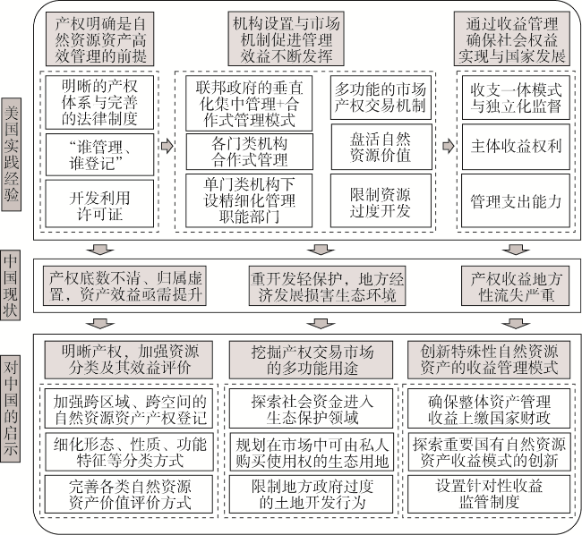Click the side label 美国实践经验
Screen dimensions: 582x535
coord(11,154)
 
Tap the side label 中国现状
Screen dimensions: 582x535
coord(11,284)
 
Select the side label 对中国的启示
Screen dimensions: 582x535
coord(11,409)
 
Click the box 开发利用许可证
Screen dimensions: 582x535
coord(99,204)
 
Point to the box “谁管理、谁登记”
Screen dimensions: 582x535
coord(99,154)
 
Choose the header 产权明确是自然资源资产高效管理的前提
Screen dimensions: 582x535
coord(99,39)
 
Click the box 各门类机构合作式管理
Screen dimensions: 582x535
coord(249,151)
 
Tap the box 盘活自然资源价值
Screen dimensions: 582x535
coord(381,147)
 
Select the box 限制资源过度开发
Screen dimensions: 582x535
coord(381,200)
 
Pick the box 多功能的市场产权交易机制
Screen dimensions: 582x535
coord(381,98)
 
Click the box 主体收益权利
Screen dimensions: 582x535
coord(516,147)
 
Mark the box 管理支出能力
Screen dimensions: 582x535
coord(515,200)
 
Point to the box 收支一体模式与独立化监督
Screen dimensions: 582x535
coord(516,98)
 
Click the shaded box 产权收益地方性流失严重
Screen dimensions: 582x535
coord(515,286)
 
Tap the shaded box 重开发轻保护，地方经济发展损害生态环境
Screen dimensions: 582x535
coord(327,286)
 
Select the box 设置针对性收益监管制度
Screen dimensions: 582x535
coord(489,494)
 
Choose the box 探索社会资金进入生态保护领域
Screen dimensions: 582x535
coord(311,409)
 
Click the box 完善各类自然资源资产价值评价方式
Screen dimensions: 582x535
coord(129,494)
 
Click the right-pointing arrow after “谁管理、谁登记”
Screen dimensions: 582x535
coord(167,146)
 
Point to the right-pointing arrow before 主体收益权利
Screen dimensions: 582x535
coord(449,146)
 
